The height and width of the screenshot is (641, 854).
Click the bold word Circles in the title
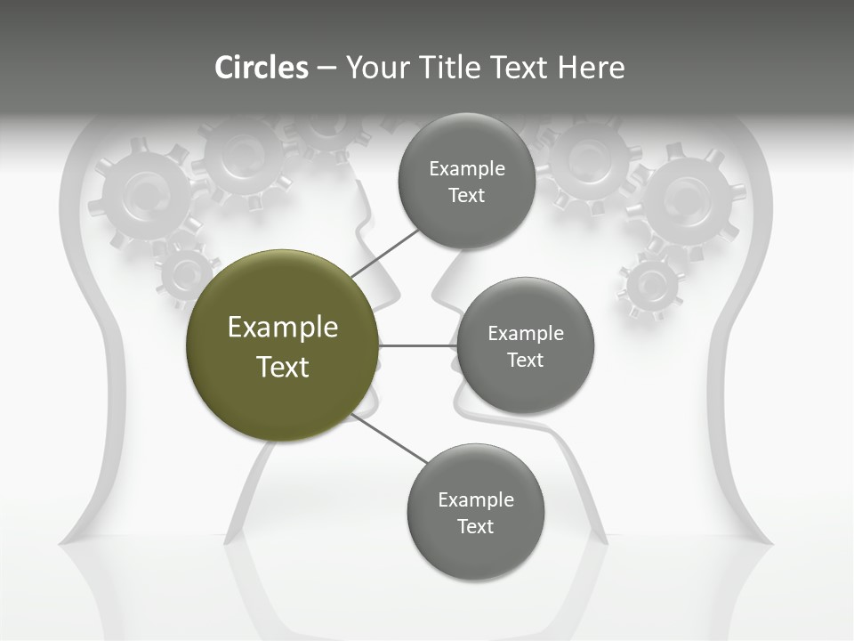pyautogui.click(x=262, y=68)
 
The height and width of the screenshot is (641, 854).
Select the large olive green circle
pyautogui.click(x=283, y=345)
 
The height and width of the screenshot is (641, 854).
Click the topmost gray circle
pyautogui.click(x=466, y=182)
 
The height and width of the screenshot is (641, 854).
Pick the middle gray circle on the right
pyautogui.click(x=525, y=345)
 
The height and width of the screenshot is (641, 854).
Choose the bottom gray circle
pyautogui.click(x=475, y=512)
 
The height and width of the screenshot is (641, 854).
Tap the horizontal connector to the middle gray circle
pyautogui.click(x=418, y=345)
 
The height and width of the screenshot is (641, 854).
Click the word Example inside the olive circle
pyautogui.click(x=283, y=327)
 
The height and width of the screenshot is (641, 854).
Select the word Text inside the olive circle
pyautogui.click(x=283, y=366)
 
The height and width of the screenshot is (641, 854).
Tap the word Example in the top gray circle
pyautogui.click(x=466, y=168)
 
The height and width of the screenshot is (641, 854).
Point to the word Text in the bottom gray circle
pyautogui.click(x=475, y=526)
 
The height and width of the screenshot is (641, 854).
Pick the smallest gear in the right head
pyautogui.click(x=652, y=285)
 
